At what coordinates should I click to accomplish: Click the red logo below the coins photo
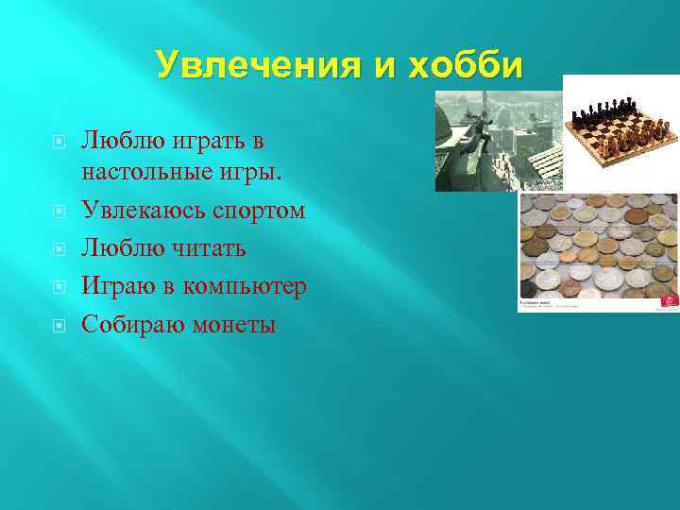669,300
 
